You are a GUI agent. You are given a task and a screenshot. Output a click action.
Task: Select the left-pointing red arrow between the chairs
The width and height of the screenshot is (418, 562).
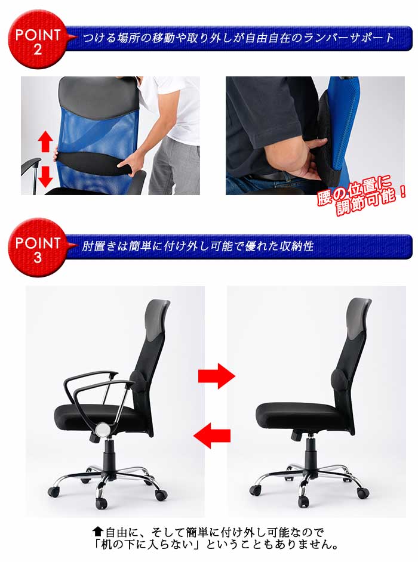(213, 435)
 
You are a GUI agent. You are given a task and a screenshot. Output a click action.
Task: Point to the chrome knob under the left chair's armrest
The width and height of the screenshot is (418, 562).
(103, 428)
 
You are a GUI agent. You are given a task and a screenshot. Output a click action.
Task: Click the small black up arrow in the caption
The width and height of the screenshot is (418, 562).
(99, 531)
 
